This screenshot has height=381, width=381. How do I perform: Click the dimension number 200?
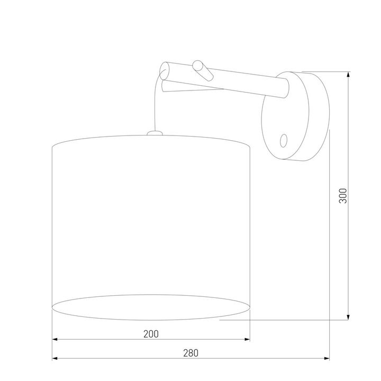point(151,333)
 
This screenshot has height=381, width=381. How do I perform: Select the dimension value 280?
point(192,353)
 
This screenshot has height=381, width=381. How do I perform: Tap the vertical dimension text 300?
point(342,196)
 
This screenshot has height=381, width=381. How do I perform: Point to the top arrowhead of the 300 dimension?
point(348,75)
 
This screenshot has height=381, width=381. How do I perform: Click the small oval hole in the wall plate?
point(283,140)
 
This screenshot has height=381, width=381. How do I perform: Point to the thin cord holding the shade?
point(155,106)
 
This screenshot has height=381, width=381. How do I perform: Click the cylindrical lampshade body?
point(151,217)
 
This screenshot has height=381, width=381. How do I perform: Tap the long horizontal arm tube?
point(233,83)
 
